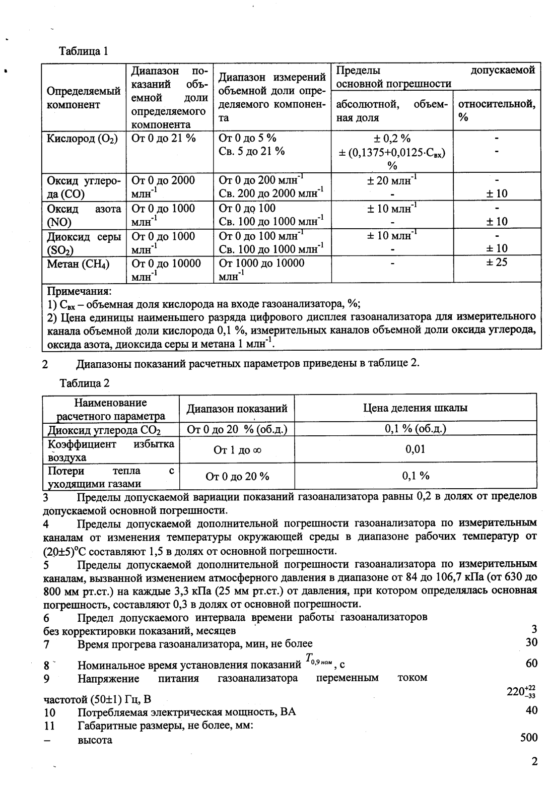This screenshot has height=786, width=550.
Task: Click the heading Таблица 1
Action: tap(84, 51)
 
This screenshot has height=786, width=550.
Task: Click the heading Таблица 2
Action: tap(84, 383)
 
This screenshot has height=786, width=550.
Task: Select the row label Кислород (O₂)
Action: tap(82, 139)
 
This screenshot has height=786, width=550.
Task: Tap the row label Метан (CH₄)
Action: tap(78, 264)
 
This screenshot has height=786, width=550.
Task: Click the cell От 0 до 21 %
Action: tap(163, 138)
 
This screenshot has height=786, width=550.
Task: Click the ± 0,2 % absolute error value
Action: tap(392, 139)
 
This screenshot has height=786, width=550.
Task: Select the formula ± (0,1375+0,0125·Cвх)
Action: tap(392, 152)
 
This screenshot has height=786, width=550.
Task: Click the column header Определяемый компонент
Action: tap(83, 98)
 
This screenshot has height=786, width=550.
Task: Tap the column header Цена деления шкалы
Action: tap(415, 408)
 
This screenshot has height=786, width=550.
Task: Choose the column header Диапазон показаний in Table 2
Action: tap(237, 409)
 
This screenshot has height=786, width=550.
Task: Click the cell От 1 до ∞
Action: tap(237, 450)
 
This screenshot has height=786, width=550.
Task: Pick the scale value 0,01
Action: tap(415, 449)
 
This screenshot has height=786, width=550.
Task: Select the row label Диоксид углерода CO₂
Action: tap(104, 430)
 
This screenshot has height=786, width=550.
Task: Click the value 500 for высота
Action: tap(528, 738)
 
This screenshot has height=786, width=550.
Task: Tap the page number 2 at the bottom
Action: tap(534, 761)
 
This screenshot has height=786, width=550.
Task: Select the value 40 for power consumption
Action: tap(531, 710)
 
